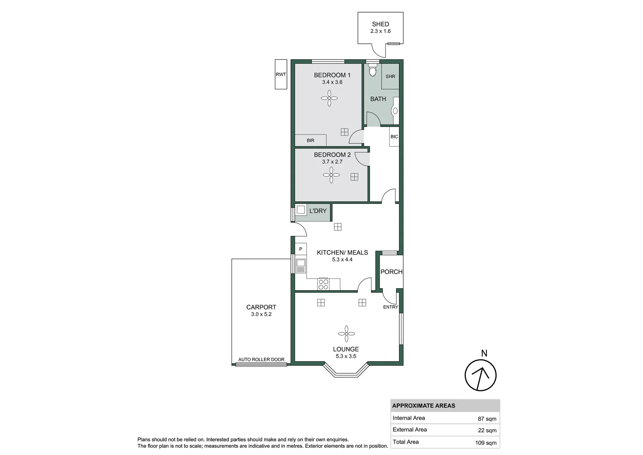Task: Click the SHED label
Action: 380,24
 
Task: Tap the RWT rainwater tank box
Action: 281,75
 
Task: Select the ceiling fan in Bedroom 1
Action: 329,99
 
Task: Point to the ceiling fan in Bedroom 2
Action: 331,175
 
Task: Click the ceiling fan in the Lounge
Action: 346,334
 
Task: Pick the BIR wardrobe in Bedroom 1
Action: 311,140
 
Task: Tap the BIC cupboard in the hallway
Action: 394,137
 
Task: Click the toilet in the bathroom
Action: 372,70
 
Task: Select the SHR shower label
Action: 390,77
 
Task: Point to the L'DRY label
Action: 318,211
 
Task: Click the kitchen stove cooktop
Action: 323,284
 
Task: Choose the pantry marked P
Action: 300,249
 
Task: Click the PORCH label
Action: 391,272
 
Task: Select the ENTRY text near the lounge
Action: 391,307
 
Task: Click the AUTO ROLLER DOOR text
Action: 261,360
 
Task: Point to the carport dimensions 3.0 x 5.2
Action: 261,314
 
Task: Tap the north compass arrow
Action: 481,375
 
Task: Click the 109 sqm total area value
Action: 486,443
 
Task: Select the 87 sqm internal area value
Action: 487,419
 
